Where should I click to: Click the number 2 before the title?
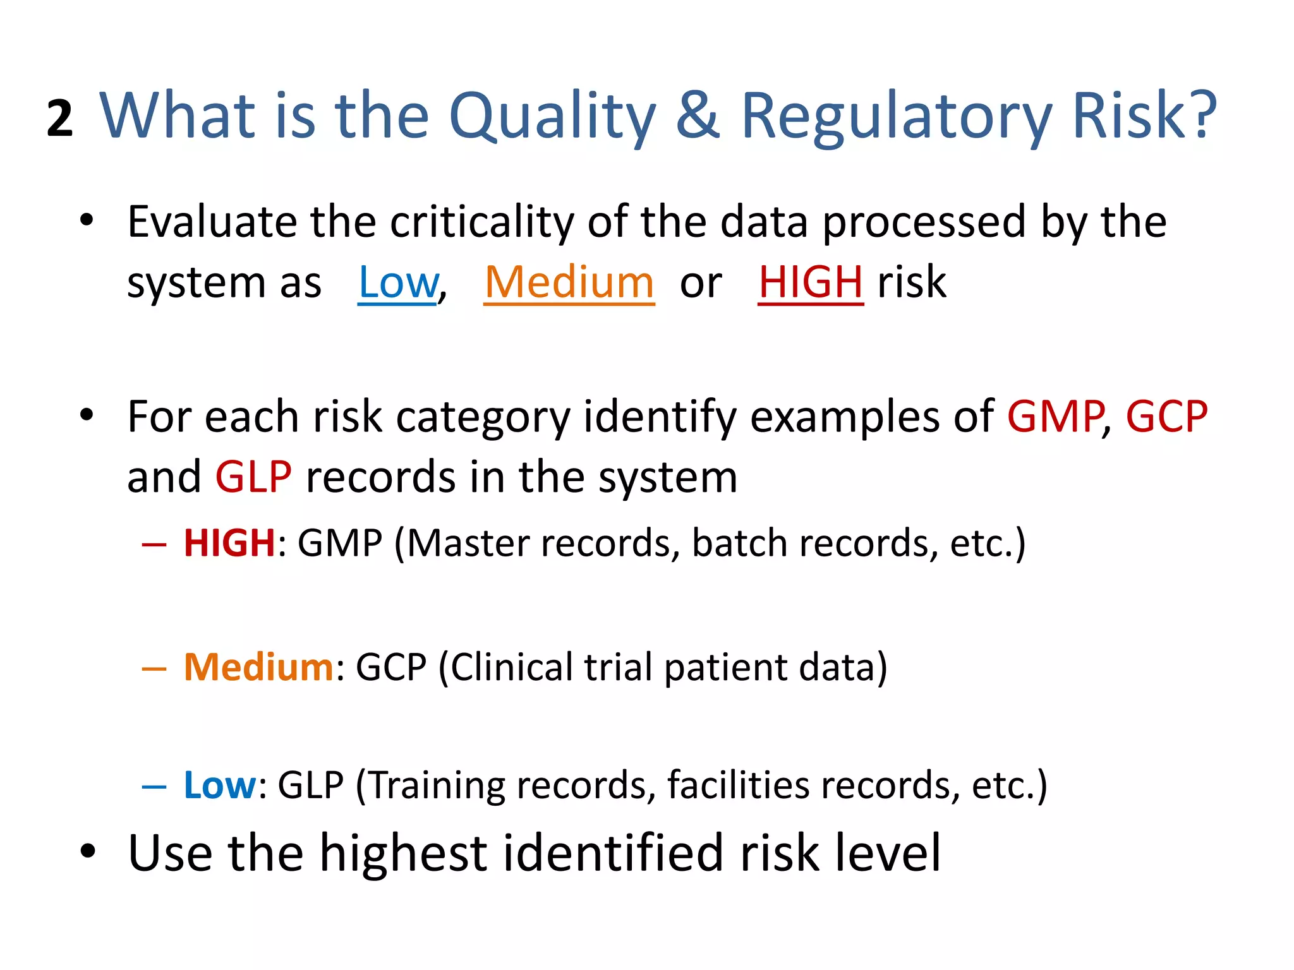point(60,119)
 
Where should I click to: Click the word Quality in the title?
point(552,117)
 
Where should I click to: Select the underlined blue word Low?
point(398,282)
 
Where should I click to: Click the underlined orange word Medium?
point(569,282)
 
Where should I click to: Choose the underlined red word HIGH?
point(811,282)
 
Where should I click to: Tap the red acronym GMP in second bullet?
point(1055,417)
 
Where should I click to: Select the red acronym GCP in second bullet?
point(1166,417)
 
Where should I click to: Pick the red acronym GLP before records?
point(253,477)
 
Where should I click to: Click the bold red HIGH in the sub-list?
point(229,543)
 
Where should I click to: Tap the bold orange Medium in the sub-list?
point(258,667)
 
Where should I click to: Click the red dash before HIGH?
point(154,544)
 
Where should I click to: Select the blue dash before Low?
point(154,786)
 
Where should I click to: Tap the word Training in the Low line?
point(436,786)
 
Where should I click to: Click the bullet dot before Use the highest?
point(87,852)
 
